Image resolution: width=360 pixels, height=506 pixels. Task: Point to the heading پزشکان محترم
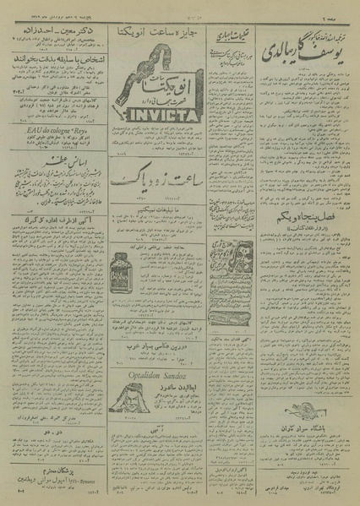coord(51,475)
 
